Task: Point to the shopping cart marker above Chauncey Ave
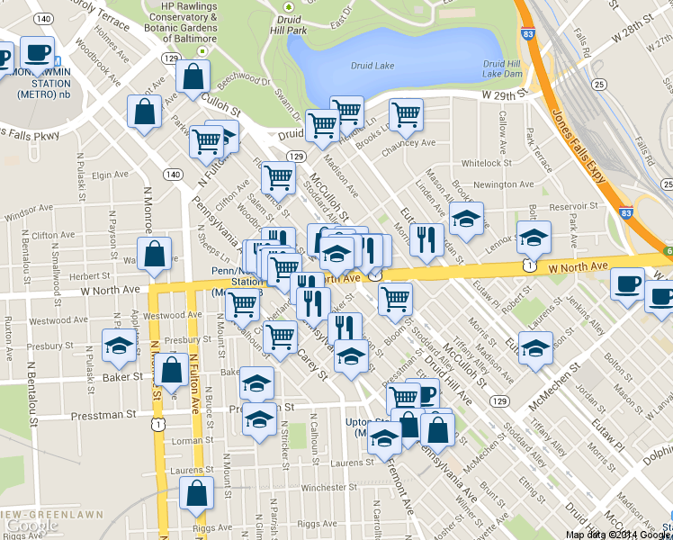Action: click(406, 114)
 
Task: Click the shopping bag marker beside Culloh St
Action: click(193, 78)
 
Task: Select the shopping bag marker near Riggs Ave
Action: click(196, 493)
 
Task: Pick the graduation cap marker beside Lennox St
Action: click(534, 238)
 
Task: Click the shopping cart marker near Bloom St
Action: click(395, 300)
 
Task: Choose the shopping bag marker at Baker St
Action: click(172, 369)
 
